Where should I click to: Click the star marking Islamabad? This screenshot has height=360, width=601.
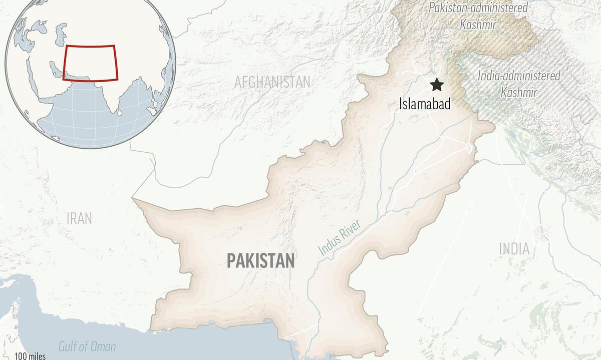click(x=438, y=85)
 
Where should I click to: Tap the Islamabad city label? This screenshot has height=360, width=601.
click(x=425, y=104)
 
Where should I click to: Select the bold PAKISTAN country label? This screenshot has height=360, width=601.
click(x=260, y=260)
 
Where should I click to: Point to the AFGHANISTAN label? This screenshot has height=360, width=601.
click(x=272, y=82)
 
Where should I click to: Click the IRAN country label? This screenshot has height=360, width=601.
click(x=79, y=218)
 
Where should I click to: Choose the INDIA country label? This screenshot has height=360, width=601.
click(x=514, y=248)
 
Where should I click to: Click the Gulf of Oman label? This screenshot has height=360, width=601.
click(x=87, y=346)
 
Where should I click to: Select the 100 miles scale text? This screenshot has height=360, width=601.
click(x=30, y=356)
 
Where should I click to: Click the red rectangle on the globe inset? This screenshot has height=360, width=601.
click(x=90, y=63)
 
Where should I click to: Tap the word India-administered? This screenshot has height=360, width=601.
click(x=519, y=76)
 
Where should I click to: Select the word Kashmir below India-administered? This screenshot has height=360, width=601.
click(x=519, y=92)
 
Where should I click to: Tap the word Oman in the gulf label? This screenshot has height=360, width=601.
click(x=102, y=346)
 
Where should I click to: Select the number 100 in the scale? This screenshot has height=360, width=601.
click(x=21, y=356)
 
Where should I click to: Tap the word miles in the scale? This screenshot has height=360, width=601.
click(x=37, y=356)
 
